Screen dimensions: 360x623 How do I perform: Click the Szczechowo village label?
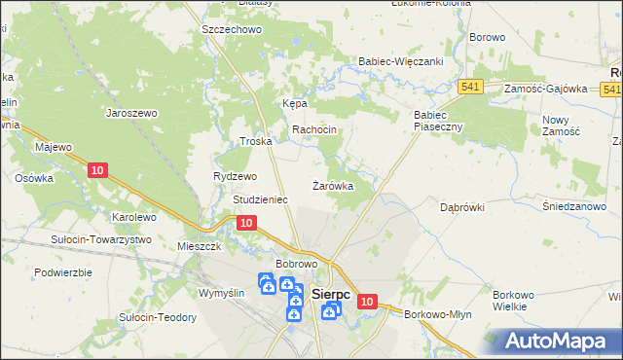pyautogui.click(x=232, y=30)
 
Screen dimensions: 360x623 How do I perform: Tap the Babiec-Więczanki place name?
pyautogui.click(x=402, y=60)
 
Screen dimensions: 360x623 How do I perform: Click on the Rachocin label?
pyautogui.click(x=314, y=129)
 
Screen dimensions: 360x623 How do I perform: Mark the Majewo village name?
pyautogui.click(x=55, y=147)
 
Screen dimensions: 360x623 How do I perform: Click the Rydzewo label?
pyautogui.click(x=235, y=176)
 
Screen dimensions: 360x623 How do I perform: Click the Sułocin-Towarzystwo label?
pyautogui.click(x=101, y=238)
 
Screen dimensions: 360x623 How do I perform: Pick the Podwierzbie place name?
pyautogui.click(x=62, y=272)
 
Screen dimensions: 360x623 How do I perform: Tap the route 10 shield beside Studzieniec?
pyautogui.click(x=246, y=223)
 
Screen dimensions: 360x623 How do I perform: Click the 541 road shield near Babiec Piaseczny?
pyautogui.click(x=472, y=87)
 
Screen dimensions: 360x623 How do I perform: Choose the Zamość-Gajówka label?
pyautogui.click(x=546, y=89)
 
